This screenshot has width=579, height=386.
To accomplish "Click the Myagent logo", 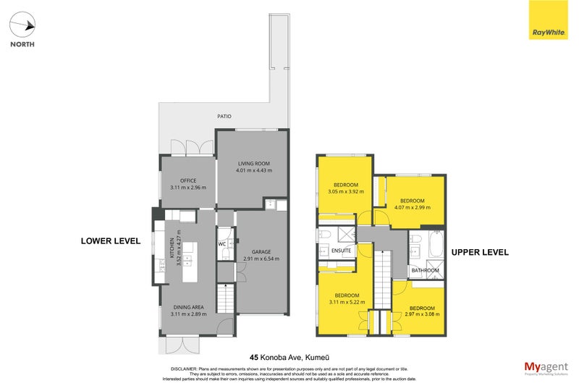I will click(545, 368).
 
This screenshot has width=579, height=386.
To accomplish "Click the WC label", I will click(223, 243).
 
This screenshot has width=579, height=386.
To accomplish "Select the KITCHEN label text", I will click(172, 248).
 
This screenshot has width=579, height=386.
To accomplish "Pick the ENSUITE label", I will click(342, 251).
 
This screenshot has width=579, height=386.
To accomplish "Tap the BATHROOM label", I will click(425, 270).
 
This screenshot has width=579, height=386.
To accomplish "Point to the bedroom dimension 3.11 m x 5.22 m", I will click(347, 302).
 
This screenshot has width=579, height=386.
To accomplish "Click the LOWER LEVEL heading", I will click(110, 240).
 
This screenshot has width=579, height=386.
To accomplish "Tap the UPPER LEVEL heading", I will click(480, 252).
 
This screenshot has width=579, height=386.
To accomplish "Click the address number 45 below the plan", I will click(254, 357).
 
